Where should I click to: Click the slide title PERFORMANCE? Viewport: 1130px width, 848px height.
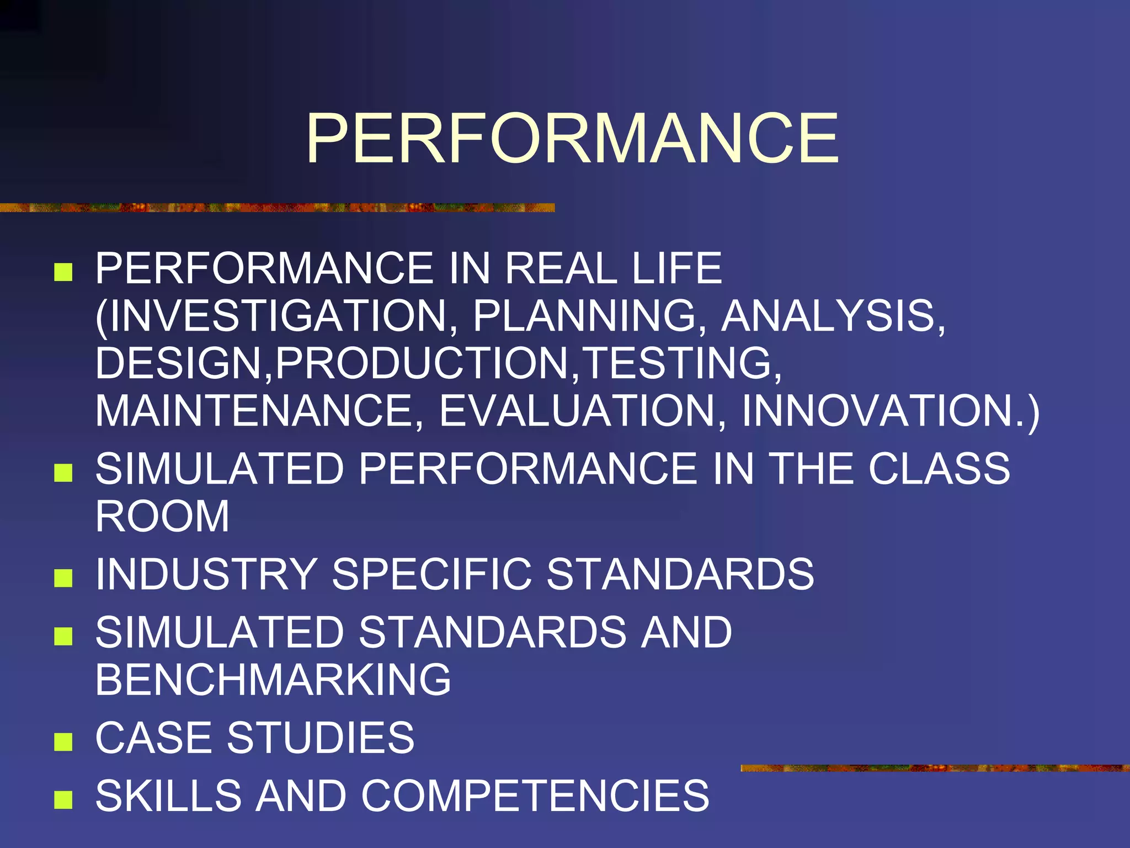pos(572,138)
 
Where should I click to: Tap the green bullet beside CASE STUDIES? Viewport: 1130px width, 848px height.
pos(63,741)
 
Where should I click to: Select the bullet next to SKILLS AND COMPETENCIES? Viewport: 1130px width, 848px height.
pos(63,799)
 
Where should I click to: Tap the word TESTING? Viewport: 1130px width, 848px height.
pos(681,363)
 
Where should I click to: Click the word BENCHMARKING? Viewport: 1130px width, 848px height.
pos(273,680)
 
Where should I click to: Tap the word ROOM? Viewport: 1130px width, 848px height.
pos(162,516)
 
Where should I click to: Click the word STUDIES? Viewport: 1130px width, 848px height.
pos(321,738)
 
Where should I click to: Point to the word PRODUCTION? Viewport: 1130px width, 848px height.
pos(422,363)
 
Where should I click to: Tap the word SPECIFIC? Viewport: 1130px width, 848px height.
pos(432,574)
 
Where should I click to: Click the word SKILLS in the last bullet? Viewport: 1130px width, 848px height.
pos(168,796)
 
